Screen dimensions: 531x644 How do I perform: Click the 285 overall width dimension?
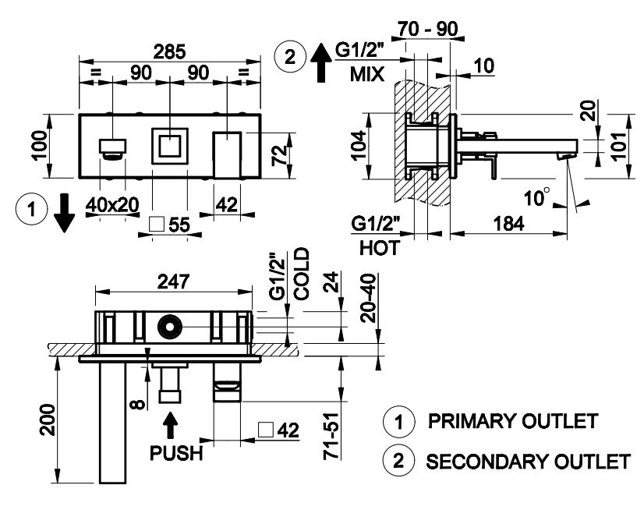(169, 51)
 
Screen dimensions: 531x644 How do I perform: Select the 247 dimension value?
(173, 284)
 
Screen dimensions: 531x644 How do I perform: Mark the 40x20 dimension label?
(113, 204)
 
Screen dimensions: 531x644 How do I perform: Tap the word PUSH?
(175, 452)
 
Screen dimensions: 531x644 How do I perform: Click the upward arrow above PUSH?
(171, 426)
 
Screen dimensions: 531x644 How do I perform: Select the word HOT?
(380, 248)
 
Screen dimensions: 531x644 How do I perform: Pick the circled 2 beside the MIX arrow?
(290, 58)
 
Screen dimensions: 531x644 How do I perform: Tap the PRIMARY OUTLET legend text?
(513, 422)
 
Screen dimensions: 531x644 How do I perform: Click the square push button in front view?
(168, 146)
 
